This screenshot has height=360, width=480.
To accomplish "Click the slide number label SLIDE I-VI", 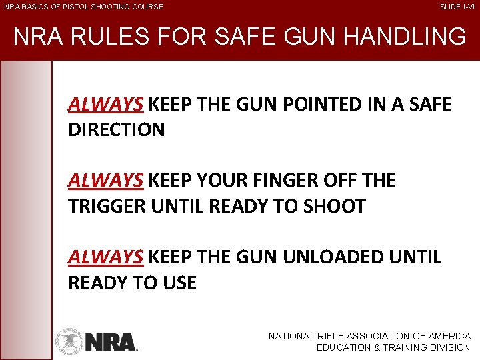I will [x=457, y=7].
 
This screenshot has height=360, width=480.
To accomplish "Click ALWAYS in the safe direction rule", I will [x=105, y=105].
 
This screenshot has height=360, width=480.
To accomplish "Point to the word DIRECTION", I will [x=116, y=130].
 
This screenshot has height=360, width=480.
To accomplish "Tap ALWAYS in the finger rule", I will [x=105, y=181].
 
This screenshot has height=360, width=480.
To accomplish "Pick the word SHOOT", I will [x=335, y=207].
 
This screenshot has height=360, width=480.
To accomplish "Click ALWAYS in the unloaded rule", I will [x=105, y=257].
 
